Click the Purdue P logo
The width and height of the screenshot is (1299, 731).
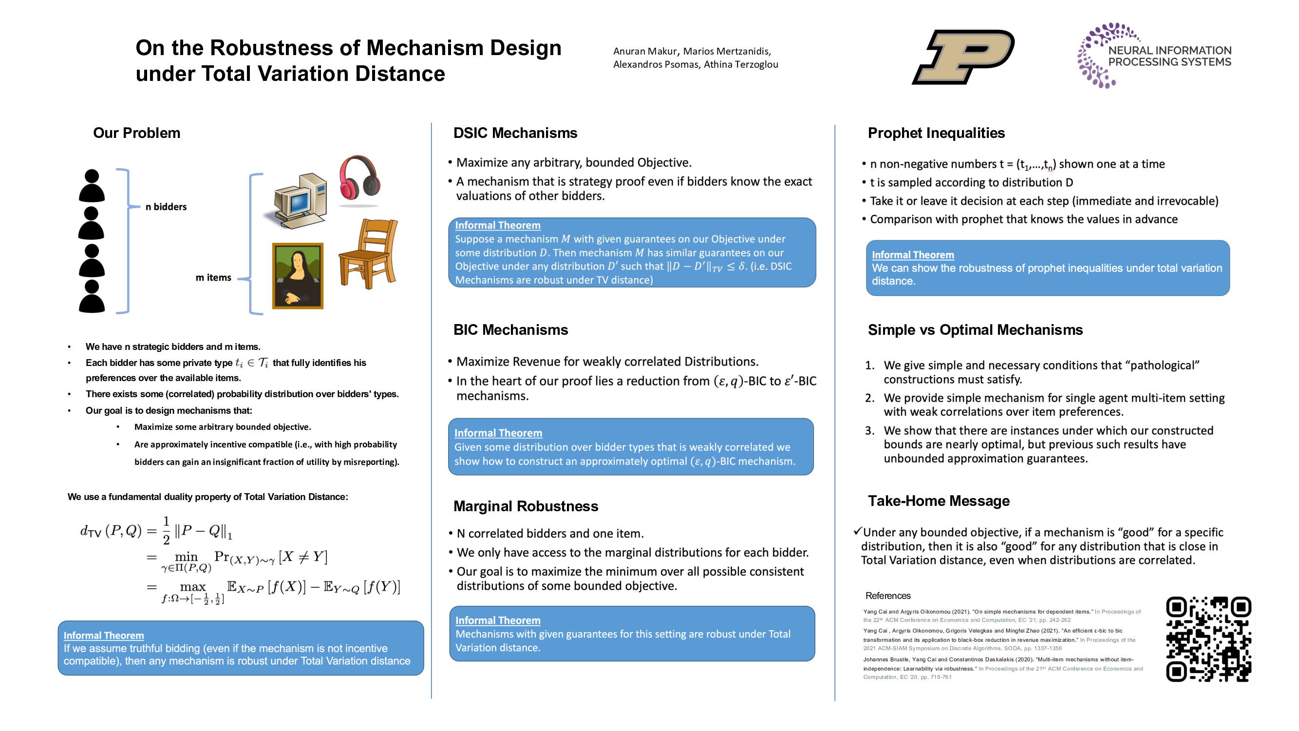[963, 57]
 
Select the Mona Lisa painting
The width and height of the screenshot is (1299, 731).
[298, 275]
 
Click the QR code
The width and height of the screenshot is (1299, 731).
[1208, 639]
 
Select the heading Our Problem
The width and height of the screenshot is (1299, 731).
[137, 133]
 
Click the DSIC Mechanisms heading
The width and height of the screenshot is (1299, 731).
[515, 133]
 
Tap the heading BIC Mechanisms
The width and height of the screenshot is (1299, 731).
[510, 330]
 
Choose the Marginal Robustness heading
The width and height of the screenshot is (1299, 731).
[526, 506]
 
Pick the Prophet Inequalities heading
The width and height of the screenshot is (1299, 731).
[936, 133]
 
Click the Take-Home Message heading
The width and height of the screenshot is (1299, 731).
[939, 501]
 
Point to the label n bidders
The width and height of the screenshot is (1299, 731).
[166, 207]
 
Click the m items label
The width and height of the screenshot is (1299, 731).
[213, 277]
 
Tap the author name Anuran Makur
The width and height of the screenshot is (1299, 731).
[645, 52]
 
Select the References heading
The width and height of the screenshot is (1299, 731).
[887, 596]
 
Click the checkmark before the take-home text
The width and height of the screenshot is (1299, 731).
[857, 531]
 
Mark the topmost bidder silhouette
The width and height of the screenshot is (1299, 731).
[92, 186]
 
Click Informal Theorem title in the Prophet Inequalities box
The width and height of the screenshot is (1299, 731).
[913, 255]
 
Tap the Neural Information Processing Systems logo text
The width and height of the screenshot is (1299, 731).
[1169, 57]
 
